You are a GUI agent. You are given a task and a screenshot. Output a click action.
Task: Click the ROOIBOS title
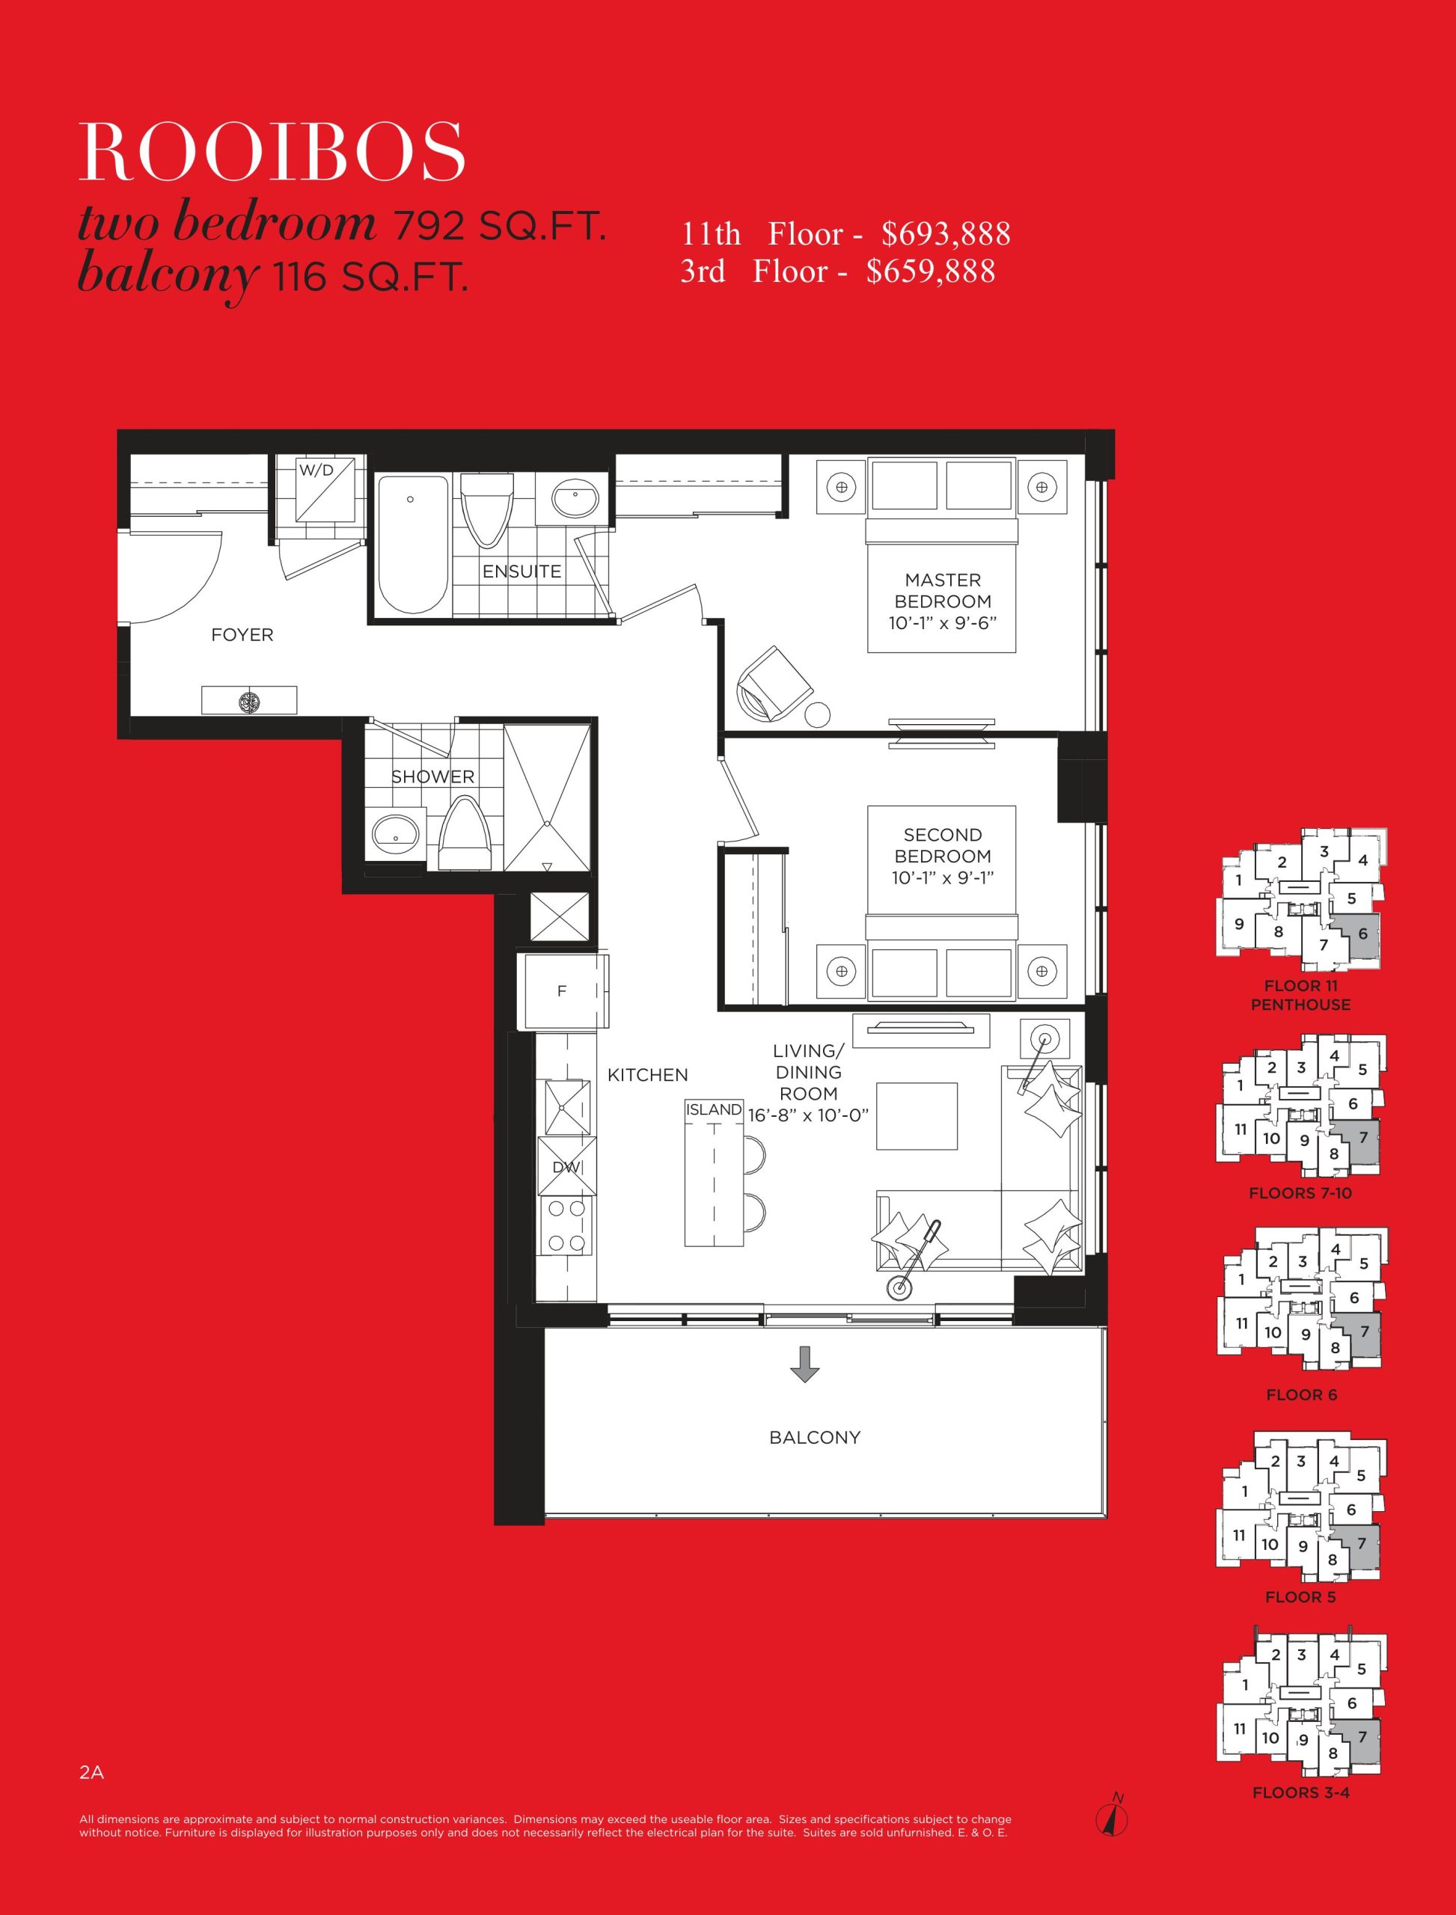[272, 152]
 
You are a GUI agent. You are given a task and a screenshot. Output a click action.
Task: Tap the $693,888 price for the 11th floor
[946, 234]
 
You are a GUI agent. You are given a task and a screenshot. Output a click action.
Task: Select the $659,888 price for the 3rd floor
[931, 272]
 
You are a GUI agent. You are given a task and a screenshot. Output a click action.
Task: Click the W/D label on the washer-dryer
[316, 471]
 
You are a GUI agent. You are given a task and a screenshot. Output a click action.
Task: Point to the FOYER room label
[242, 635]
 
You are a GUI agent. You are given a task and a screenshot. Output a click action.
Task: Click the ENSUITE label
[521, 572]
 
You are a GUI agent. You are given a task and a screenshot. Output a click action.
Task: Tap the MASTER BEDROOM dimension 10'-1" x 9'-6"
[943, 622]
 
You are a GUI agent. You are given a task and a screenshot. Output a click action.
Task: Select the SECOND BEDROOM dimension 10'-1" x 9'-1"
[943, 877]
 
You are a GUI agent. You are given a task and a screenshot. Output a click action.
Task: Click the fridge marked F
[563, 991]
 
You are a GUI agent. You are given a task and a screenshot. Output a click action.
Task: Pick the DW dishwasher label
[566, 1167]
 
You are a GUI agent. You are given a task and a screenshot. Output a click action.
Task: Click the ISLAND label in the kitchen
[714, 1110]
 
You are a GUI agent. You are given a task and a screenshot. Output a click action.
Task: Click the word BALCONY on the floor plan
[815, 1438]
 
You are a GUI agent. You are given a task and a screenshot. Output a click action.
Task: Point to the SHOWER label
[432, 777]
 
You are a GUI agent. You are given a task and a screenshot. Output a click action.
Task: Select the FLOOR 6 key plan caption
[1301, 1395]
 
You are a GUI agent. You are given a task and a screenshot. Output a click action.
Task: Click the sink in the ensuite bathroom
[575, 500]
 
